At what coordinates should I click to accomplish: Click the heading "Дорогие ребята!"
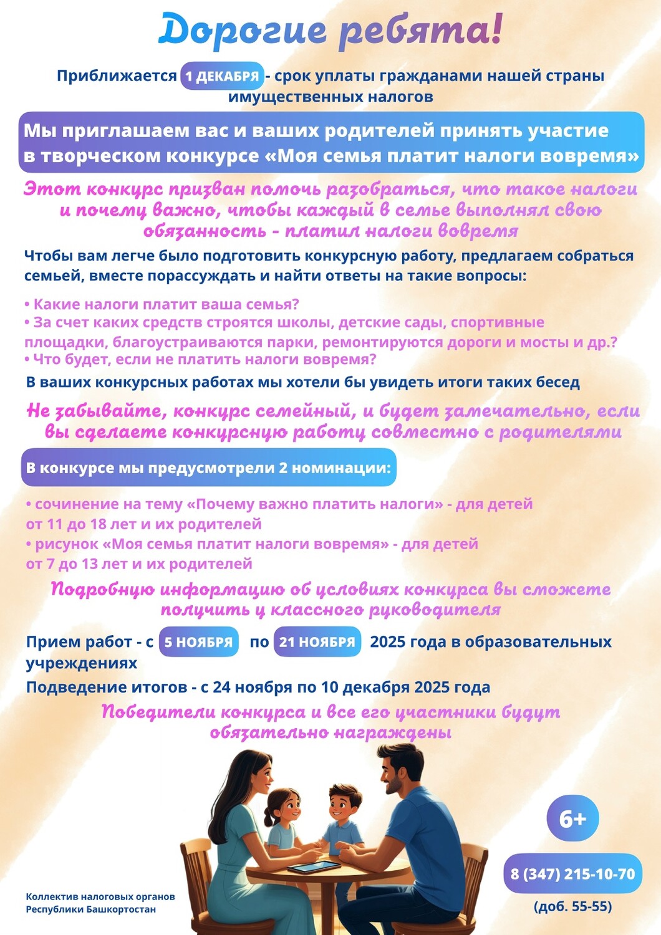click(330, 31)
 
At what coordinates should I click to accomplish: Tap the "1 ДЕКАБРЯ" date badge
click(222, 76)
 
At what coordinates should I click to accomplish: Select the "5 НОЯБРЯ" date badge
click(198, 642)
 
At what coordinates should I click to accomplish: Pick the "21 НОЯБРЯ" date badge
click(317, 642)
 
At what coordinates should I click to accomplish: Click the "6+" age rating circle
click(572, 818)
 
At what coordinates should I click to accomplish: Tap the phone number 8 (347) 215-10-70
click(572, 874)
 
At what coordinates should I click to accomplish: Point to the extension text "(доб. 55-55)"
click(572, 906)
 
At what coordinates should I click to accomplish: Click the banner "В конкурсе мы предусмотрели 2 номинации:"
click(208, 467)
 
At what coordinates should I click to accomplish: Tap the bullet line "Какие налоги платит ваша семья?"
click(162, 304)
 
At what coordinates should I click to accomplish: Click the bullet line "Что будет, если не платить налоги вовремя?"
click(201, 360)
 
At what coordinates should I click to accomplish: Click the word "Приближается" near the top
click(117, 76)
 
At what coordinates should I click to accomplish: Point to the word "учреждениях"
click(81, 663)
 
